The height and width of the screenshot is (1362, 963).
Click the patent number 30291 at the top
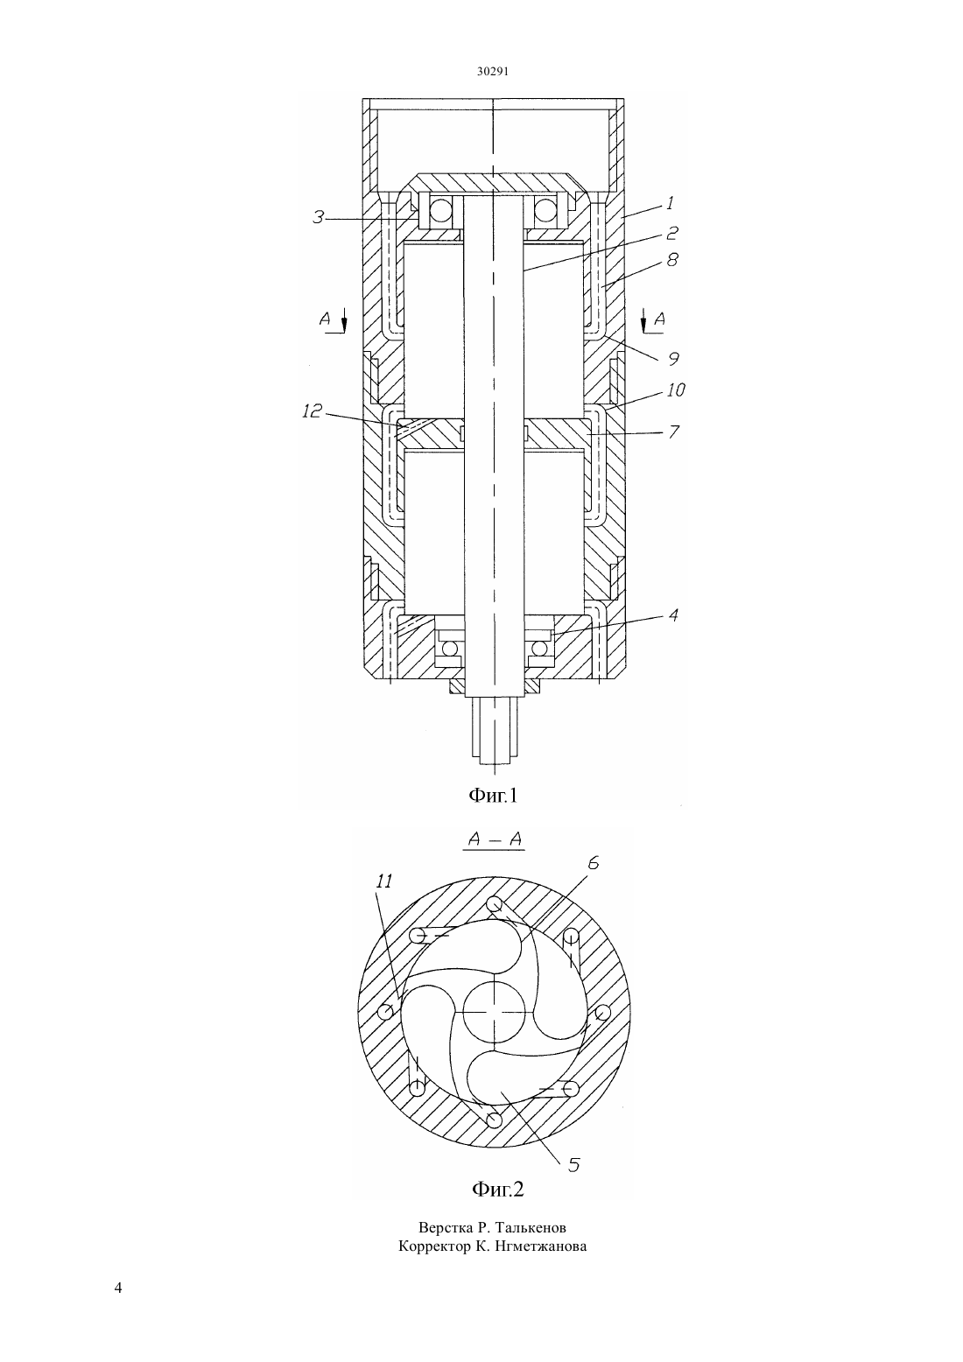pyautogui.click(x=492, y=71)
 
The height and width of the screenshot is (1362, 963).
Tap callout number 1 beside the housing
pyautogui.click(x=670, y=202)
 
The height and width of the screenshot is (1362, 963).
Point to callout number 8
pyautogui.click(x=671, y=260)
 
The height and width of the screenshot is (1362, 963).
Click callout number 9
pyautogui.click(x=673, y=359)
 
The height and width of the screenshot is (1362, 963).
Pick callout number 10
pyautogui.click(x=676, y=390)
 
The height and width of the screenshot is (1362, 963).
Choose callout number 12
pyautogui.click(x=312, y=411)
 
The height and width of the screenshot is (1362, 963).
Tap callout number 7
pyautogui.click(x=673, y=432)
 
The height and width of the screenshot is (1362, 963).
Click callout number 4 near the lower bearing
pyautogui.click(x=673, y=615)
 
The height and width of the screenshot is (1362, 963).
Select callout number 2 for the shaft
pyautogui.click(x=671, y=232)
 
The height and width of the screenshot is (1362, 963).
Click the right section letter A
pyautogui.click(x=659, y=318)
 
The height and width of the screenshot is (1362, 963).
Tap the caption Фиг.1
pyautogui.click(x=492, y=795)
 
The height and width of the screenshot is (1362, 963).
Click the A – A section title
pyautogui.click(x=495, y=839)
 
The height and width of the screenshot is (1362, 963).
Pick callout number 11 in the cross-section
pyautogui.click(x=384, y=881)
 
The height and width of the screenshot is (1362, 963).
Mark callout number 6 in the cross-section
pyautogui.click(x=594, y=862)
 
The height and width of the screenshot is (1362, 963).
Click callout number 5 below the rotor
pyautogui.click(x=574, y=1160)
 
